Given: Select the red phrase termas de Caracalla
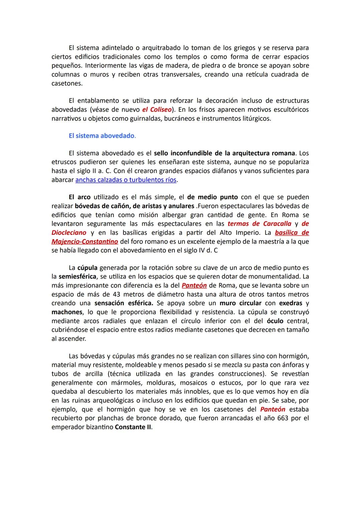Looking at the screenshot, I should (x=259, y=224).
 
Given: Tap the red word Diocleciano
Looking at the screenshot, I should (x=69, y=232).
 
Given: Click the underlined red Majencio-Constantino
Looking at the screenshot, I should (x=85, y=241).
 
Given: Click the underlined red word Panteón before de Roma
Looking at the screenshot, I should (x=194, y=286).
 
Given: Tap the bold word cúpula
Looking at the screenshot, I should (x=88, y=268).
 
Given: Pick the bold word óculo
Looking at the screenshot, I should (x=275, y=321).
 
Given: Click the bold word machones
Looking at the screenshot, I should (x=67, y=312).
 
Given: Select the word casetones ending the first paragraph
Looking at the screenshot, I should (x=67, y=83).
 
